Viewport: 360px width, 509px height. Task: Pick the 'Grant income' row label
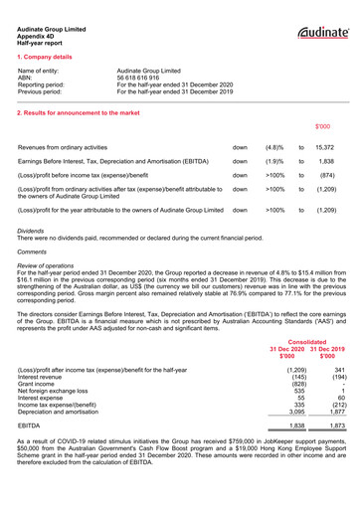pyautogui.click(x=39, y=384)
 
